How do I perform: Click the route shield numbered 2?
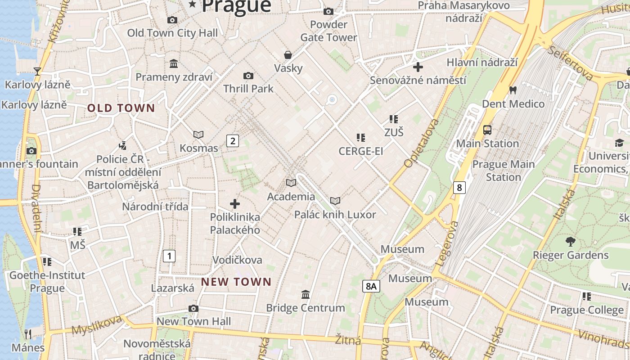coord(232,141)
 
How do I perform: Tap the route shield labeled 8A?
coord(371,286)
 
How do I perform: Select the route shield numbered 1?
coord(169,256)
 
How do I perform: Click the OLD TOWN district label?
coord(121,108)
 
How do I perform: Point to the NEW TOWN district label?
coord(236,282)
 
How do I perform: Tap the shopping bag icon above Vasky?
coord(288,55)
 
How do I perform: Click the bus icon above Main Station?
coord(487,130)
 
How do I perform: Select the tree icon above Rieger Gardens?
coord(571,242)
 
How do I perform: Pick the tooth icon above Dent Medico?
coord(513,90)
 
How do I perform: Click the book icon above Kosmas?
coord(198,135)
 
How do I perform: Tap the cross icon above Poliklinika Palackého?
coord(235,204)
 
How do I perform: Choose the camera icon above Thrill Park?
coord(248,76)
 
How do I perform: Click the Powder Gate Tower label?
coord(328,31)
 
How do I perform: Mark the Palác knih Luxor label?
coord(335,215)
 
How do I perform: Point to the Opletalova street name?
coord(421,144)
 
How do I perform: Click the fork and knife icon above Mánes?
coord(28,334)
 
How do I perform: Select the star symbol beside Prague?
coord(193,4)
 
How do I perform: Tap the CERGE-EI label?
coord(361,151)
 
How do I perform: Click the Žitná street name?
coord(348,340)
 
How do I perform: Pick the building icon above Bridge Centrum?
coord(306,294)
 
